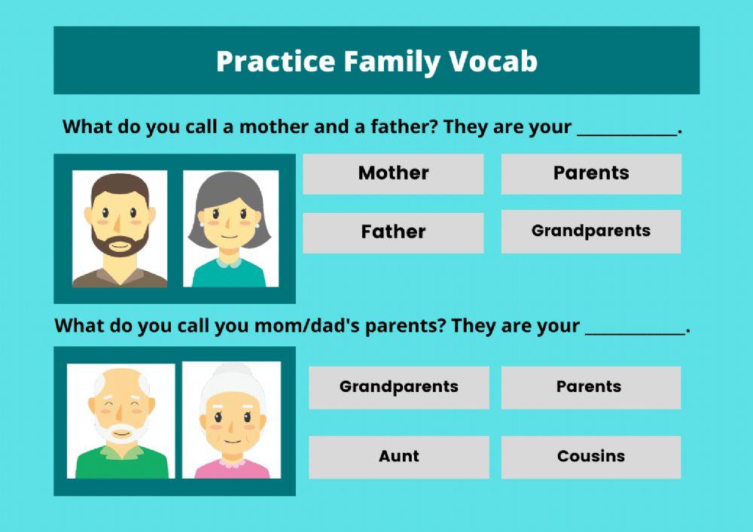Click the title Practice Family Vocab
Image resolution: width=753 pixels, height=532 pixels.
pos(376,62)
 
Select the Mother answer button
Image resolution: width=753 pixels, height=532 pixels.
pos(393,173)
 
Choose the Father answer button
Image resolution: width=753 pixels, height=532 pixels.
pos(393,232)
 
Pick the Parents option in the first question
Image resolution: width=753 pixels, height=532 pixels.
pos(591,173)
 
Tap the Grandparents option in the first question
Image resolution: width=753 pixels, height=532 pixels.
pos(591,231)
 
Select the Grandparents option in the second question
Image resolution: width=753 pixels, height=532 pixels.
pos(398,387)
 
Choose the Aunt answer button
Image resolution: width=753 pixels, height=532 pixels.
pos(398,456)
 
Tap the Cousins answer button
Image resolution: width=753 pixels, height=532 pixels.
pos(591,456)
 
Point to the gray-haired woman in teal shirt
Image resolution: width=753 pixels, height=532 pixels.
pos(230,229)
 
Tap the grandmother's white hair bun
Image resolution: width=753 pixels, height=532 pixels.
pos(231,376)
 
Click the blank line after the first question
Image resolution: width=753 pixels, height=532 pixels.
pos(627,129)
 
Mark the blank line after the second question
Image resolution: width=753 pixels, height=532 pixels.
pos(635,330)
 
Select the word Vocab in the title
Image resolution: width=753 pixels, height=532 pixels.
pos(494,62)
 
